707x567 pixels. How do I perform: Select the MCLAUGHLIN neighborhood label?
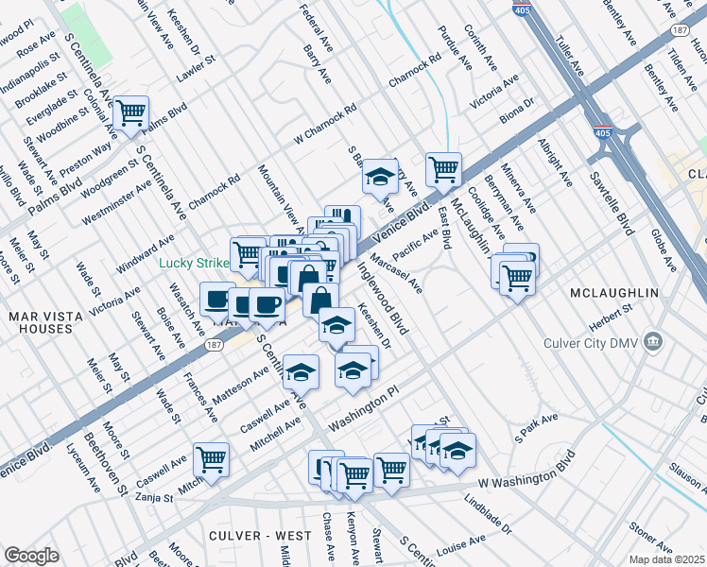pos(614,294)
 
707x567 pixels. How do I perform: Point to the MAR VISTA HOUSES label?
pos(41,321)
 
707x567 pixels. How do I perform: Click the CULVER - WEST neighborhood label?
pos(260,536)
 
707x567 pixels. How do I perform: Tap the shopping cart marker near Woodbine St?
pos(129,113)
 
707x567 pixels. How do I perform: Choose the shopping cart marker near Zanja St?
pos(212,460)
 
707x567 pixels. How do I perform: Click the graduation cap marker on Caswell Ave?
pos(302,371)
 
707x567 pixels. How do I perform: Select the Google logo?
pos(31,556)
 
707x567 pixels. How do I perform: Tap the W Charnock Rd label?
pos(324,123)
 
